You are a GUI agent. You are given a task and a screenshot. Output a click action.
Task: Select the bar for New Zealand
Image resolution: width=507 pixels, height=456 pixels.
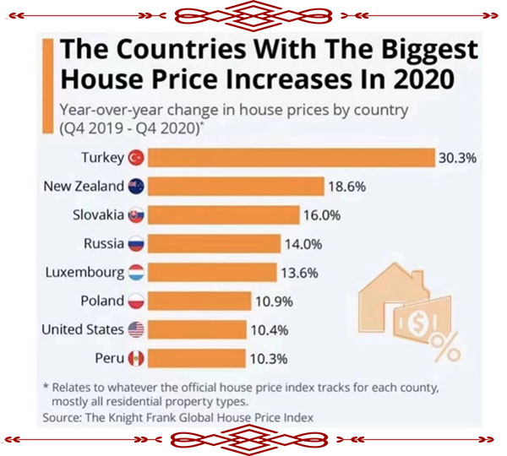click(x=237, y=187)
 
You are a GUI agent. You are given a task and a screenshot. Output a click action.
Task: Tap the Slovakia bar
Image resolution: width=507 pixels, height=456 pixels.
click(x=225, y=215)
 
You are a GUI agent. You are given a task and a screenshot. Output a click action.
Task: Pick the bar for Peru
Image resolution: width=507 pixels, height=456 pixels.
click(x=199, y=359)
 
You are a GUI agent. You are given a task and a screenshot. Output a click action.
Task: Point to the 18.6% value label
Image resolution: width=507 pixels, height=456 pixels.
click(x=346, y=187)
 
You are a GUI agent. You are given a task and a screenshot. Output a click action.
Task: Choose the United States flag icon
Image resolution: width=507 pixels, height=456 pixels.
click(x=137, y=330)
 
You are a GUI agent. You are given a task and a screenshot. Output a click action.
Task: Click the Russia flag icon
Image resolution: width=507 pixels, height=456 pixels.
click(x=137, y=244)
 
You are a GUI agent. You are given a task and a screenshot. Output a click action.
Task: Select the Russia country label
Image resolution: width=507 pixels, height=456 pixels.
click(x=105, y=244)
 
